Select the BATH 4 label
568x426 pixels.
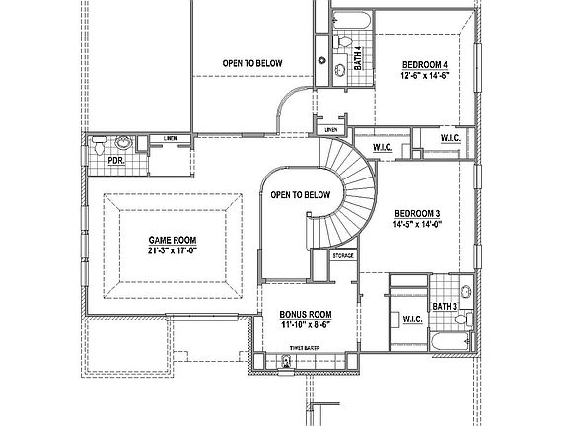pos(358,58)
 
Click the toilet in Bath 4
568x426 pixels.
pos(342,41)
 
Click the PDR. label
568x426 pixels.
pos(114,159)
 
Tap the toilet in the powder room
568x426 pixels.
pos(100,145)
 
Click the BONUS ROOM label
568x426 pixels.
pos(306,314)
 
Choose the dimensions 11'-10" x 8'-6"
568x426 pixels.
pos(306,324)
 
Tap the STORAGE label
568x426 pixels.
pos(342,255)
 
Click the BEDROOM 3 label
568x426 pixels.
pos(417,213)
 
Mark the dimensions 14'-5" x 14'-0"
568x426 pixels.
pos(417,224)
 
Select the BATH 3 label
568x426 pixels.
pos(443,307)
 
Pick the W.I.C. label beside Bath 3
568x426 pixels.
pos(411,319)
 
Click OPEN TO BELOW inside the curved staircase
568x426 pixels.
pos(300,195)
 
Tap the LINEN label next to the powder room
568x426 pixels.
pos(171,139)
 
